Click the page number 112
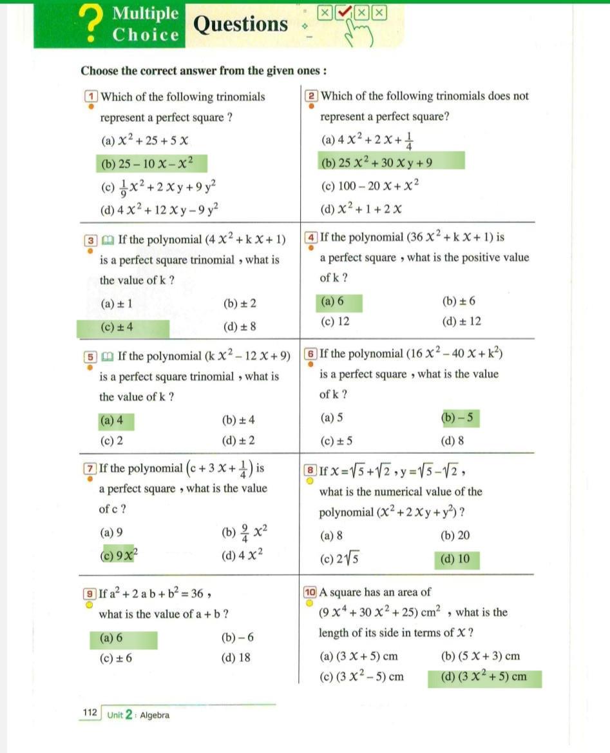point(90,712)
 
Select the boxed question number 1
point(91,97)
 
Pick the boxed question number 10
point(310,592)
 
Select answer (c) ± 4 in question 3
point(117,328)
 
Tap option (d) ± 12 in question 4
point(461,322)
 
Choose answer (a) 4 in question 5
point(111,421)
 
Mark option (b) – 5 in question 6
point(459,418)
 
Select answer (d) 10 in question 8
point(455,559)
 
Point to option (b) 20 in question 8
point(455,535)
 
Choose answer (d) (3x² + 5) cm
point(483,677)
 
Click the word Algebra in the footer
point(155,715)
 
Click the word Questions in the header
point(240,24)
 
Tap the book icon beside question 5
point(108,356)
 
